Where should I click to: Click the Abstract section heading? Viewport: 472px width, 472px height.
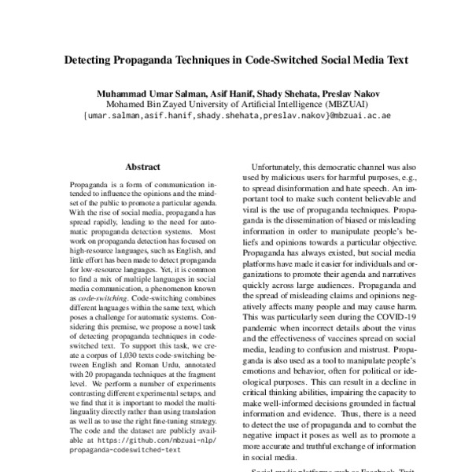point(142,168)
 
